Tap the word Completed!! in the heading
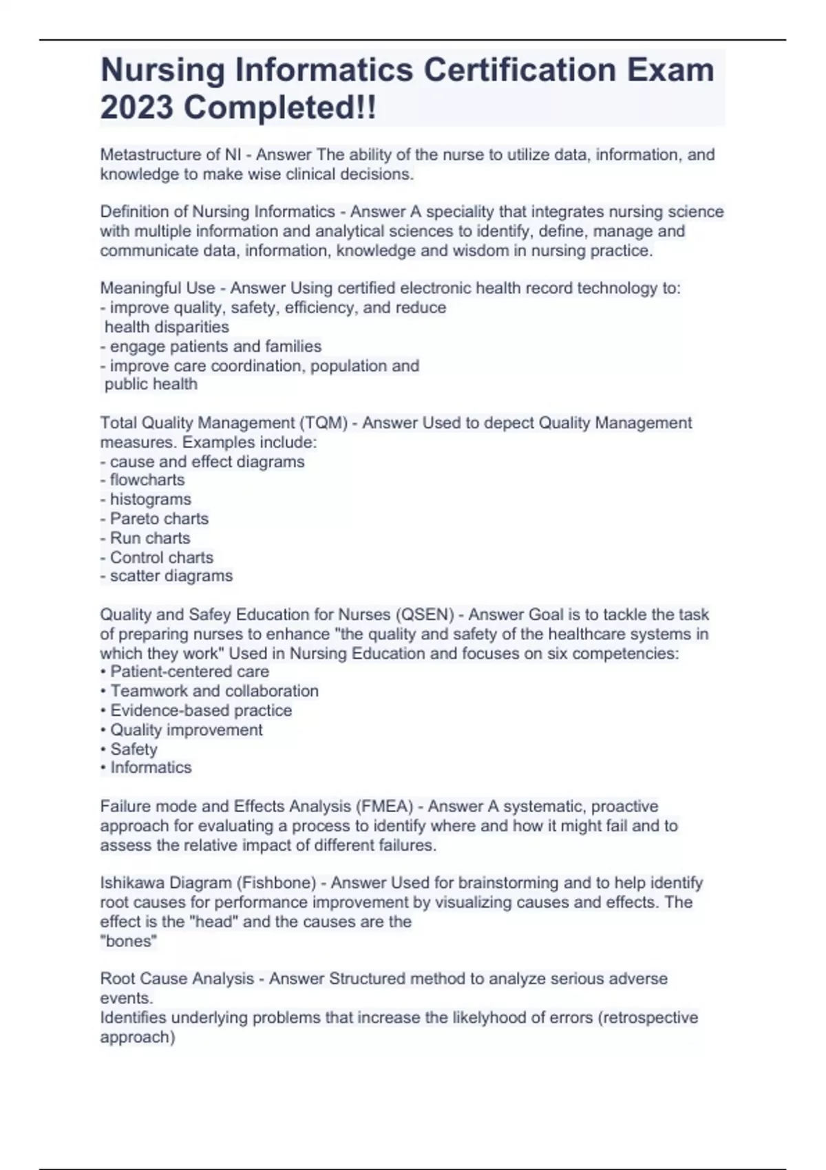click(280, 107)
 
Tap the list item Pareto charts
click(159, 519)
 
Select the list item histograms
click(151, 500)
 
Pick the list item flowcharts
click(147, 480)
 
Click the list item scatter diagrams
click(171, 576)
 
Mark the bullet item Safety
click(134, 749)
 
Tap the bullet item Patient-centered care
click(189, 672)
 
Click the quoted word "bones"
click(129, 941)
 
